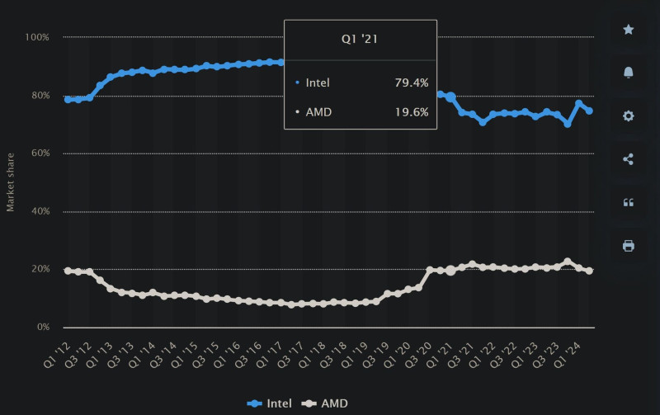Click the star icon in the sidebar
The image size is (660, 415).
[x=628, y=30]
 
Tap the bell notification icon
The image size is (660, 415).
[x=628, y=73]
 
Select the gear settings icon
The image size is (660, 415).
[x=628, y=116]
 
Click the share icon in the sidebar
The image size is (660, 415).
[x=628, y=159]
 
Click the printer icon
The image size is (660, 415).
[x=628, y=245]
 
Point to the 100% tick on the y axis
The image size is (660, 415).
[x=38, y=37]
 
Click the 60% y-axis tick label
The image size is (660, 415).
[x=40, y=153]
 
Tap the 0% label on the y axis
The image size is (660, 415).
[x=43, y=328]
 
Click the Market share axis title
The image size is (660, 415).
[x=11, y=182]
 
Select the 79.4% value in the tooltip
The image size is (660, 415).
[x=412, y=83]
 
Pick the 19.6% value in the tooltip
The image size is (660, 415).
[x=412, y=112]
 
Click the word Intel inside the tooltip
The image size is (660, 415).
[x=318, y=83]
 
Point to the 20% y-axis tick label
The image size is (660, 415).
[x=40, y=270]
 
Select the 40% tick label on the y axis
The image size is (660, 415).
[x=40, y=211]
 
